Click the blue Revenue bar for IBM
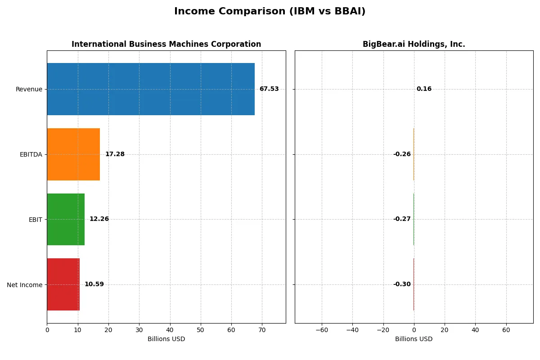coord(151,89)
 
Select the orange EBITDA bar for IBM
coord(73,154)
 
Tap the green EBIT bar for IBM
coord(66,219)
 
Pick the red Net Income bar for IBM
coord(63,284)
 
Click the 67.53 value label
coord(269,89)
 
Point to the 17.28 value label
coord(115,154)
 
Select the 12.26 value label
coord(99,219)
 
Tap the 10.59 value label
coord(94,284)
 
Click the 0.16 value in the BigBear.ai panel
coord(424,89)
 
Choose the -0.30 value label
coord(402,284)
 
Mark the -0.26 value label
coord(402,154)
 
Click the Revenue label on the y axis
coord(29,89)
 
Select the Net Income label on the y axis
coord(25,285)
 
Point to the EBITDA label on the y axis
coord(31,154)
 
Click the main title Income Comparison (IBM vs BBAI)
coord(270,12)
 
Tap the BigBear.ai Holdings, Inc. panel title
coord(414,45)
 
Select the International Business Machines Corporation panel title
coord(166,45)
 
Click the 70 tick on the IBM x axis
coord(262,330)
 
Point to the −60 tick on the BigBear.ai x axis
coord(322,330)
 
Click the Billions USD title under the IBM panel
coord(166,339)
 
